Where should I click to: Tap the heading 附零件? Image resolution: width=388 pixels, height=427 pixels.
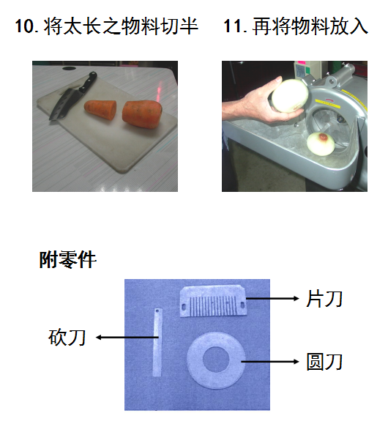click(68, 260)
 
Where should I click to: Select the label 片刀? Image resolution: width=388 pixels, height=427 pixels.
click(324, 299)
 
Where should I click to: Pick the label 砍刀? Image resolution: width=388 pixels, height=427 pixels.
click(67, 338)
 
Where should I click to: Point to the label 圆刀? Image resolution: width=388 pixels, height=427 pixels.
click(324, 362)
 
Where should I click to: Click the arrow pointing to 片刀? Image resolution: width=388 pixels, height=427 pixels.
click(272, 299)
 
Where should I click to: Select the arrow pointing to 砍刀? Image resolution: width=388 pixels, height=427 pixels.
click(127, 338)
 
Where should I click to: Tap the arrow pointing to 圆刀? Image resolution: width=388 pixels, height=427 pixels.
click(270, 362)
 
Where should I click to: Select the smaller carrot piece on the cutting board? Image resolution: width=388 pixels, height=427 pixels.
click(100, 110)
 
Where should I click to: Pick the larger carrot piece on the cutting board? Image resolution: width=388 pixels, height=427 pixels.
click(141, 114)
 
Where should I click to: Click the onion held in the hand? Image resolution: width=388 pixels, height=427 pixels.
click(290, 95)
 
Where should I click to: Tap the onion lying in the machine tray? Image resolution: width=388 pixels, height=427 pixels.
click(321, 144)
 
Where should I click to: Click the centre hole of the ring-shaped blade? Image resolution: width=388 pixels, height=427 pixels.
click(216, 360)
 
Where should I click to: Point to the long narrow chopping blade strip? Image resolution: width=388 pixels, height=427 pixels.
click(157, 342)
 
